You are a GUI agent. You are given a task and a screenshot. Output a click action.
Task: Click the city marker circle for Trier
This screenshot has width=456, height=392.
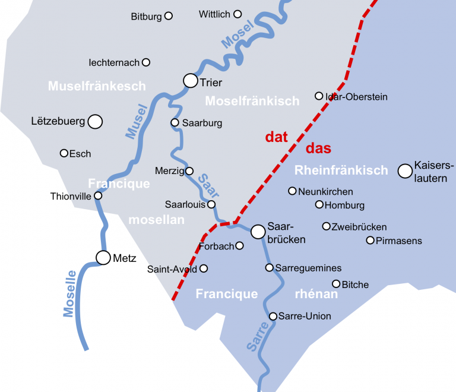(190, 80)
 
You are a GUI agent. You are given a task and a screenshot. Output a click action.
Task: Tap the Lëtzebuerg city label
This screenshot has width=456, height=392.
(58, 122)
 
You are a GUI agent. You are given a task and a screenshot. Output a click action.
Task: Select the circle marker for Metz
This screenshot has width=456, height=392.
(103, 257)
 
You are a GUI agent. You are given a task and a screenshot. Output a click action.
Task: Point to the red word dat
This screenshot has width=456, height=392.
(276, 137)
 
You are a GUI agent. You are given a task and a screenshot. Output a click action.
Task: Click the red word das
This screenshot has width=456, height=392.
(318, 148)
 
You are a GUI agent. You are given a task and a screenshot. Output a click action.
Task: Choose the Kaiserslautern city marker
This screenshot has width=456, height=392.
(405, 171)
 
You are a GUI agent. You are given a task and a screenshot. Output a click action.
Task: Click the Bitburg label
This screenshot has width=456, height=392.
(146, 17)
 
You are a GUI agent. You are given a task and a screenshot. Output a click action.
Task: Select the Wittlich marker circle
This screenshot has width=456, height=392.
(237, 14)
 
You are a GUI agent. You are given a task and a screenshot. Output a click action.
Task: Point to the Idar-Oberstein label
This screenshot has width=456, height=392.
(357, 97)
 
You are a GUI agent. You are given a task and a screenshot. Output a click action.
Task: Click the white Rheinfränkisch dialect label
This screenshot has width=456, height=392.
(341, 171)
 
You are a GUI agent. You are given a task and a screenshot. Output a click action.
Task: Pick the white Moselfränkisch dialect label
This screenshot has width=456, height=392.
(252, 101)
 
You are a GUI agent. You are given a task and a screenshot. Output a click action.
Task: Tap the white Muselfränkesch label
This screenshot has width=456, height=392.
(97, 87)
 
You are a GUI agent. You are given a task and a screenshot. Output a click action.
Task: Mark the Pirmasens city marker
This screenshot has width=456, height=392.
(370, 241)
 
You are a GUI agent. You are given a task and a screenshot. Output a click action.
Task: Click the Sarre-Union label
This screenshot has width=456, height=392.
(305, 316)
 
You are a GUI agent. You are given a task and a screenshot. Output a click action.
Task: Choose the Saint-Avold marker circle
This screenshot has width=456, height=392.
(204, 268)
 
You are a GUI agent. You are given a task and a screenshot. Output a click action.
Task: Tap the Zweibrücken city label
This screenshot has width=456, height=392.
(359, 227)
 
